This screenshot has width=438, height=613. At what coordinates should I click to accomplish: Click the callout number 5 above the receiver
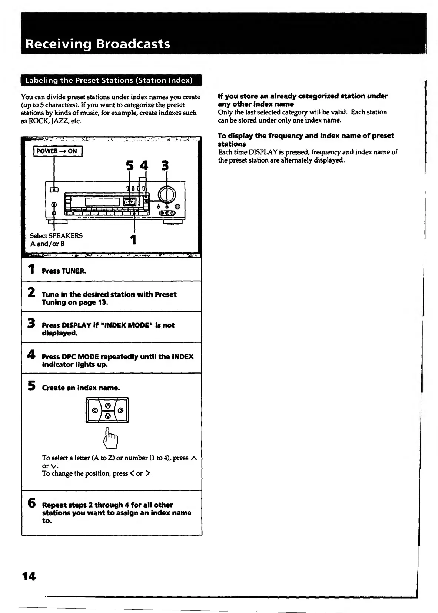click(129, 165)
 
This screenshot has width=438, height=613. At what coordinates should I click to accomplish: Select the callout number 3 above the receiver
click(165, 165)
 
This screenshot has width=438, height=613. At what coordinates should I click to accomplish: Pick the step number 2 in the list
click(31, 292)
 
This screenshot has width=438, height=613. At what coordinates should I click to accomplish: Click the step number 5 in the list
click(31, 385)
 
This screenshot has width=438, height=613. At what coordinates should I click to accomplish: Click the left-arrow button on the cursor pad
click(94, 411)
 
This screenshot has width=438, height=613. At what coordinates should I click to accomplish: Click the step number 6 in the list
click(31, 503)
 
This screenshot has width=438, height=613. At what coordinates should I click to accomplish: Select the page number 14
click(29, 576)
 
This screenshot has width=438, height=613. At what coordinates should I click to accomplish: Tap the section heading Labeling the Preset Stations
click(109, 80)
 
